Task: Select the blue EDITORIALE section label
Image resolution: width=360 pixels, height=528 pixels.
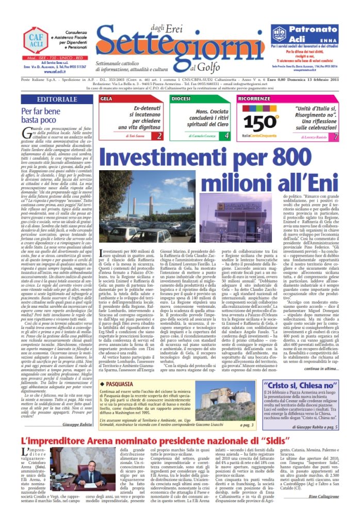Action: click(51, 98)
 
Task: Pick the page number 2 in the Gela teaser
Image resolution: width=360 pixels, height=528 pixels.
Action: click(159, 137)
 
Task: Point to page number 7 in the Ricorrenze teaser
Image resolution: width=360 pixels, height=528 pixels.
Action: click(336, 137)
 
